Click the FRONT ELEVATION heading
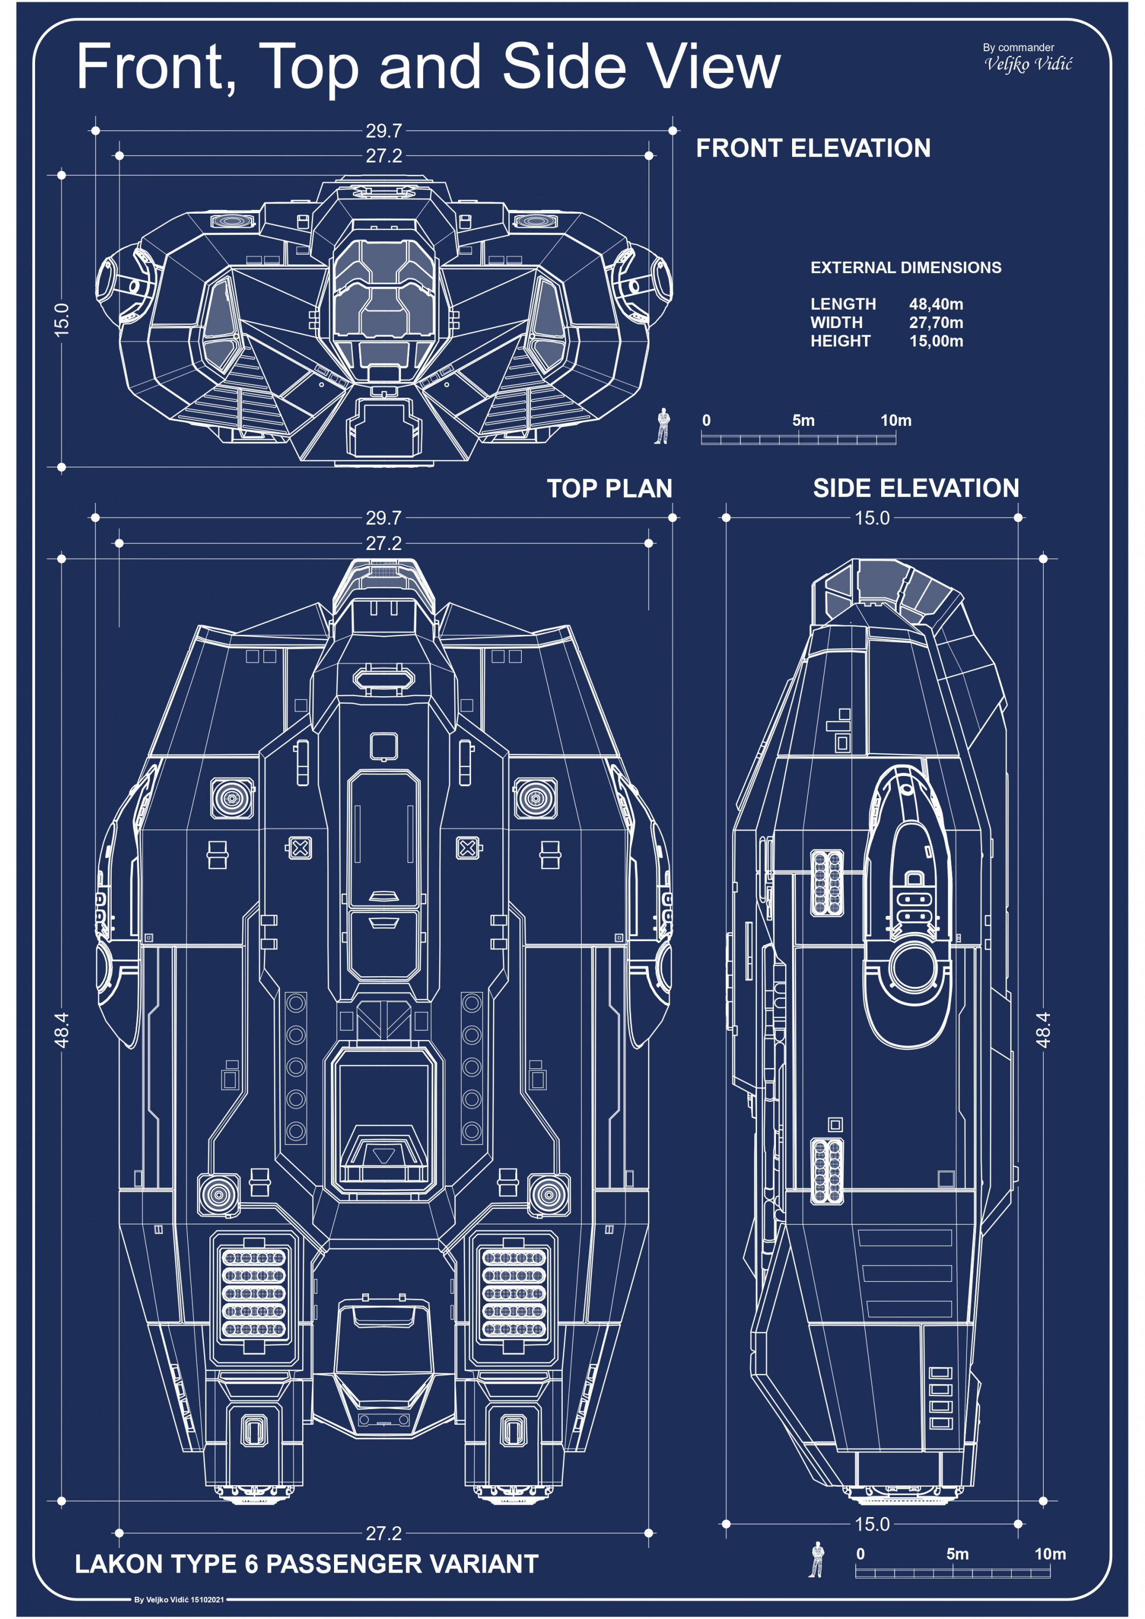813,148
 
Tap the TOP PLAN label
609,488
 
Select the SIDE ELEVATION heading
916,488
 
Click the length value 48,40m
936,304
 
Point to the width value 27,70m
936,322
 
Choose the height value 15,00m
936,341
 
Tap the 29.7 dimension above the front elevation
384,131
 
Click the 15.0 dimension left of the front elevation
62,319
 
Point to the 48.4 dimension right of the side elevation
1044,1030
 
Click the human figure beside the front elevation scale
662,425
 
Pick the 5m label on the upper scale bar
803,420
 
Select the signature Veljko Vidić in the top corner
1028,64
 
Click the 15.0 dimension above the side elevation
872,518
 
